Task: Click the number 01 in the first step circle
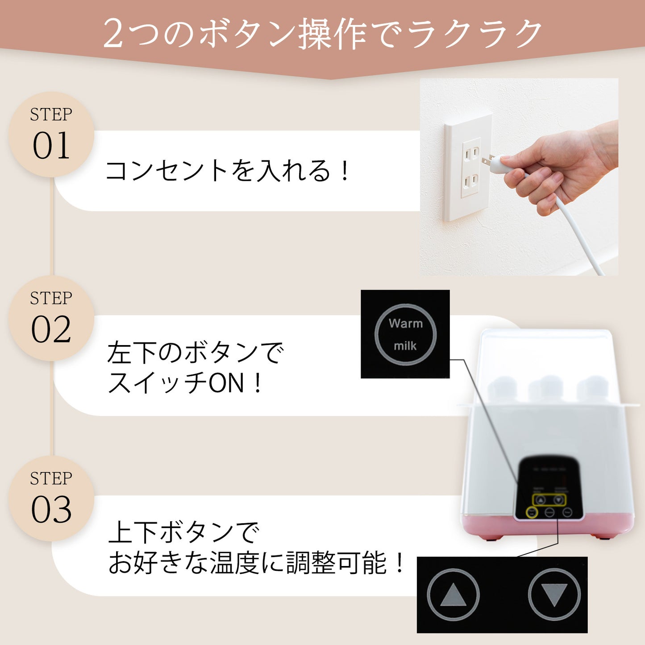click(x=51, y=146)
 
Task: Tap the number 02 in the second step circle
click(x=51, y=330)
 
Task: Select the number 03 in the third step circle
click(x=51, y=510)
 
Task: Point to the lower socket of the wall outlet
click(x=470, y=182)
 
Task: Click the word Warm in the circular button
click(x=405, y=323)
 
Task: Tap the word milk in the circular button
click(x=405, y=345)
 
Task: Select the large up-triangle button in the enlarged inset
click(x=453, y=595)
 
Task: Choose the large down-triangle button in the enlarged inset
click(x=554, y=595)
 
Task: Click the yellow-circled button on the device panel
click(x=532, y=512)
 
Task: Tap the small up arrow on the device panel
click(x=541, y=500)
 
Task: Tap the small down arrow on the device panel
click(x=558, y=500)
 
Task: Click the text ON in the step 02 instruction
click(x=227, y=383)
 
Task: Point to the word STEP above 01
click(x=51, y=115)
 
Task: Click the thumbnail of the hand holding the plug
click(x=519, y=177)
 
